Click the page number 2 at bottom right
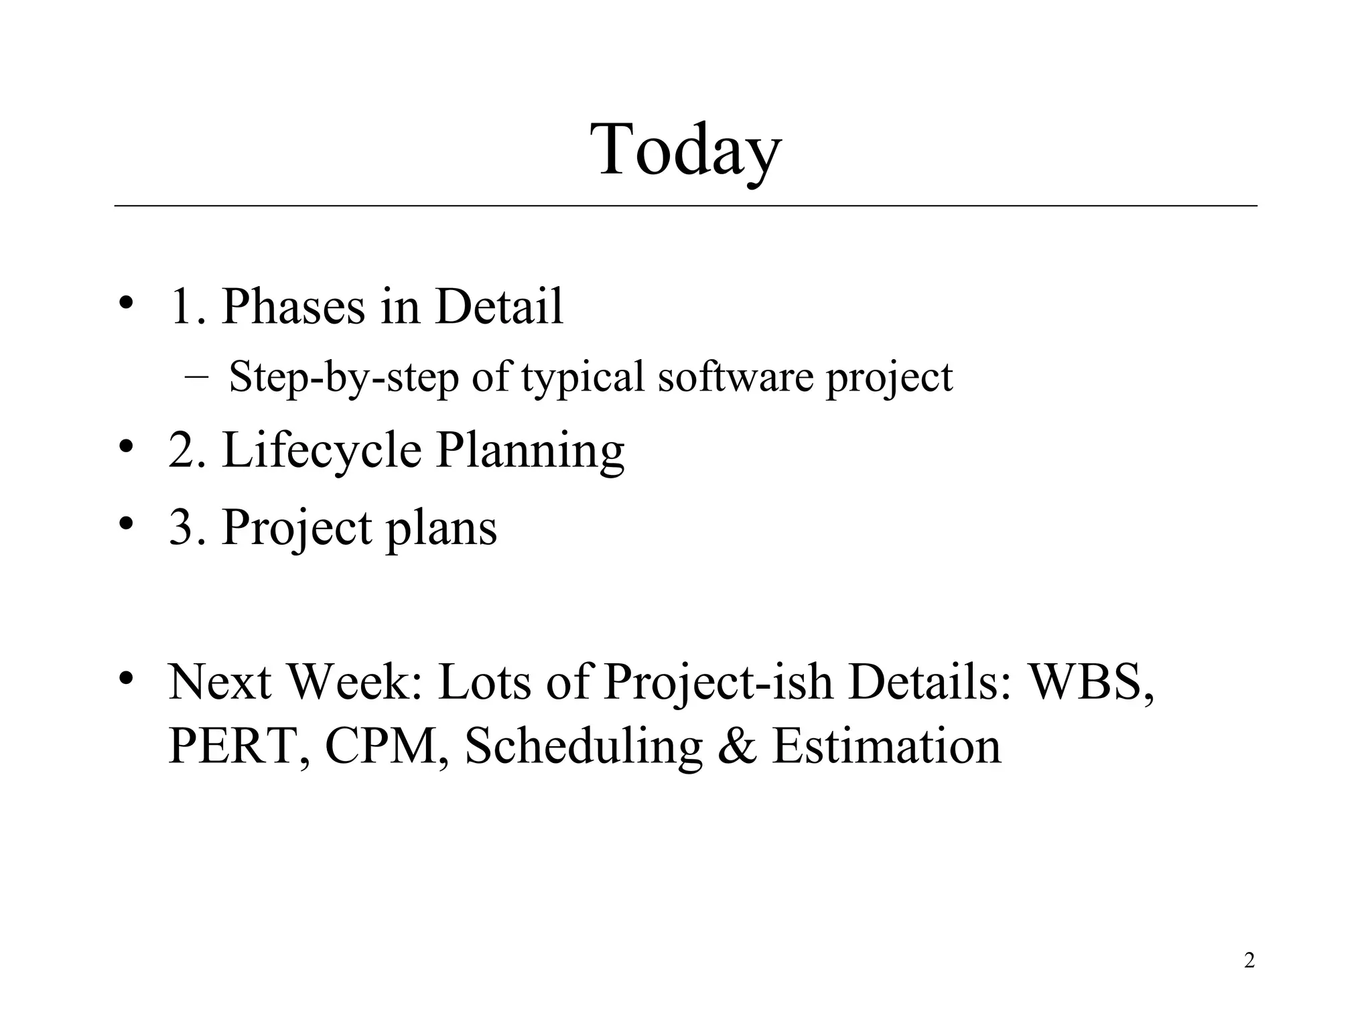coord(1249,961)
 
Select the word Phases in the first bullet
coord(293,306)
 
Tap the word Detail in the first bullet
coord(498,306)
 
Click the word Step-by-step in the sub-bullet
coord(343,377)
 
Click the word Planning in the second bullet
coord(530,451)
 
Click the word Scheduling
coord(583,747)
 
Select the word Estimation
coord(886,746)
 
